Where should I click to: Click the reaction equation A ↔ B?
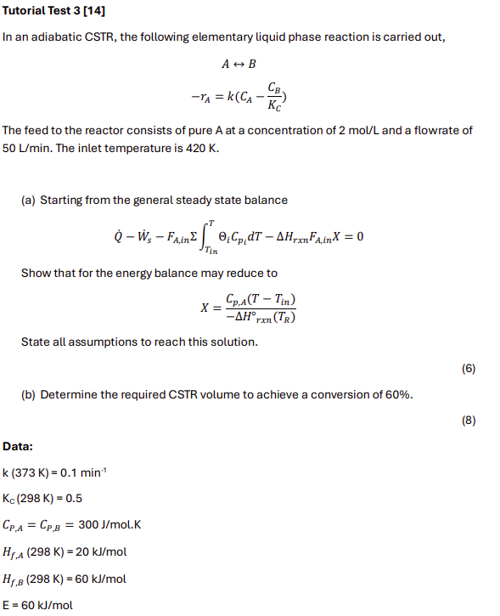239,64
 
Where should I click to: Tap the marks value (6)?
468,369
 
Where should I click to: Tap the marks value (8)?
468,421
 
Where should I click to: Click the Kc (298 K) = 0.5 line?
42,499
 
